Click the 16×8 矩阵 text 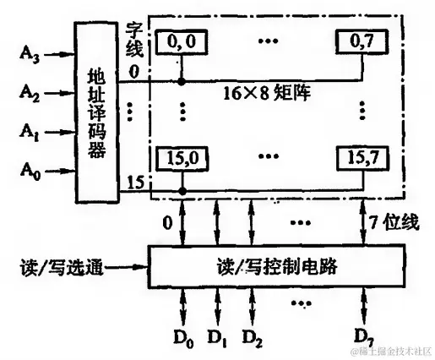pos(269,88)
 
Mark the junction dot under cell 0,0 pos(182,82)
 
